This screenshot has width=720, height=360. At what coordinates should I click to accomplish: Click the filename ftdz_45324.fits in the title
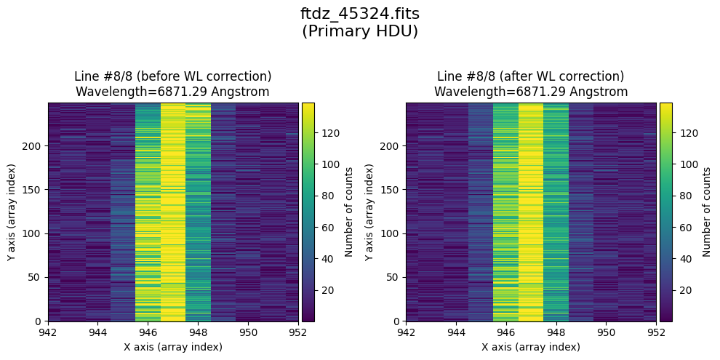point(359,14)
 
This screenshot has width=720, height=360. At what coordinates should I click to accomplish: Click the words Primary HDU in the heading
point(359,31)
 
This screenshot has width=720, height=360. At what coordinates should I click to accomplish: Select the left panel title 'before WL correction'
point(172,76)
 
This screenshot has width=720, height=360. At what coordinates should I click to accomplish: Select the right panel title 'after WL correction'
point(530,76)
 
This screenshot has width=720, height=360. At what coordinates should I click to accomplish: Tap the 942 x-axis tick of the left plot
point(49,332)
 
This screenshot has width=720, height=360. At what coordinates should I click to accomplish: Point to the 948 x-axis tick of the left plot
point(199,332)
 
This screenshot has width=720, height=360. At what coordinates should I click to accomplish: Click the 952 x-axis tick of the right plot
point(656,332)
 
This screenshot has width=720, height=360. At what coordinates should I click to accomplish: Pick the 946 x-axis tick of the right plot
point(506,332)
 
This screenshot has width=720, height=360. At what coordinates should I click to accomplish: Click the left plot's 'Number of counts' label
point(349,212)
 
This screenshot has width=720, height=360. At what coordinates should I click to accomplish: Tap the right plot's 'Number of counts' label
point(707,212)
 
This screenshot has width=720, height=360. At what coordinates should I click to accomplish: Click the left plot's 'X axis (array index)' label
point(173,347)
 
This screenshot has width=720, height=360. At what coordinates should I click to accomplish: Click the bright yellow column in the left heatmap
point(173,211)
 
